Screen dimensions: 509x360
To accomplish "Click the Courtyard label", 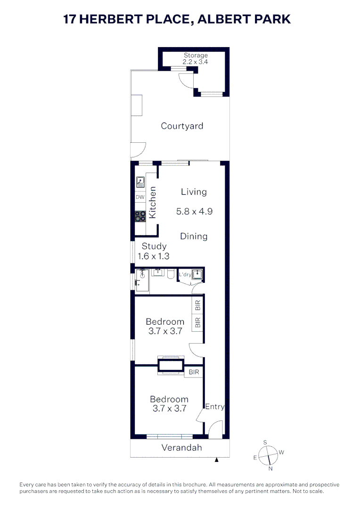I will click(x=182, y=126).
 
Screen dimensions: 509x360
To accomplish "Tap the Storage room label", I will click(x=195, y=56).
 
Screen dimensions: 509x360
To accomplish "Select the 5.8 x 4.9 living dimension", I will click(x=194, y=212).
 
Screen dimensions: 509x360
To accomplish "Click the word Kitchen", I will click(x=152, y=202).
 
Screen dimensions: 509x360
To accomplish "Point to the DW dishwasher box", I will click(x=140, y=197).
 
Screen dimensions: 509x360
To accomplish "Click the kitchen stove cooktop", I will click(x=140, y=216).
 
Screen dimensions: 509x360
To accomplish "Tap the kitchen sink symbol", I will click(x=140, y=181).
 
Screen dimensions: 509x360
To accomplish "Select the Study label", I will click(x=154, y=246).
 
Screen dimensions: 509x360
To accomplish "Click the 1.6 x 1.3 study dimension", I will click(x=154, y=256).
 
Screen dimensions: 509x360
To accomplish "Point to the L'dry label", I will click(x=185, y=274).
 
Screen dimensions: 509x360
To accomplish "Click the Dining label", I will click(x=194, y=236).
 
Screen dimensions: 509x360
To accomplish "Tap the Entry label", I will click(x=215, y=407).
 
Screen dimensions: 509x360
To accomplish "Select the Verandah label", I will click(x=181, y=447).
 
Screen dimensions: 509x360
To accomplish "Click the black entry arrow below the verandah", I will click(x=217, y=460).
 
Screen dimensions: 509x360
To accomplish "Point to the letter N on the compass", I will click(x=270, y=468).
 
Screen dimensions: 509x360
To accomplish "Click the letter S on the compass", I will click(x=265, y=442).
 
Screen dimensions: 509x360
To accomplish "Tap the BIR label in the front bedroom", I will click(x=194, y=372).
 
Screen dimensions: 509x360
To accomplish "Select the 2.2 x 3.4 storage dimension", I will click(x=195, y=62).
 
